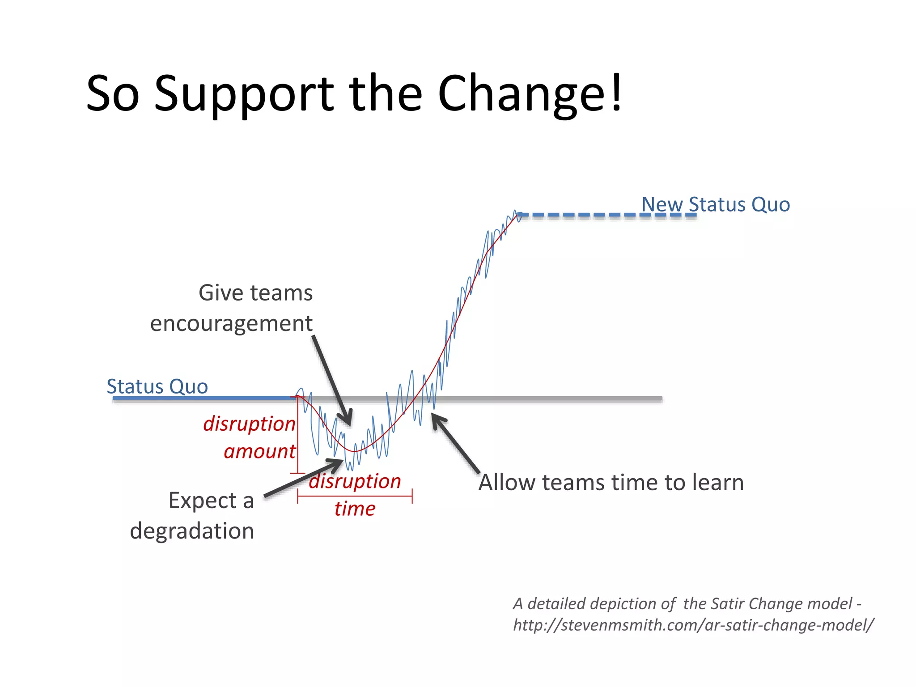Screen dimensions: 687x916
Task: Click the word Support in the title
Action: [244, 94]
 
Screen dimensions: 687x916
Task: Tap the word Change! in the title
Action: [530, 94]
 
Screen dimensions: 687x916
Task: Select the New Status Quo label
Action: [715, 204]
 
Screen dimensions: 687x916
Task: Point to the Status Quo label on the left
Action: [157, 386]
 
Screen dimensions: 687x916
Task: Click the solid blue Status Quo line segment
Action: [201, 398]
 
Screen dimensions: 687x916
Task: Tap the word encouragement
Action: [231, 323]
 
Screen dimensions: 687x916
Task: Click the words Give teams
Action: [255, 293]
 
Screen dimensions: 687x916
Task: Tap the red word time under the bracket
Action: [355, 509]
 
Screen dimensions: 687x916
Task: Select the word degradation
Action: [192, 531]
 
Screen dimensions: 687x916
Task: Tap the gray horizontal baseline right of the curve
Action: [559, 398]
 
